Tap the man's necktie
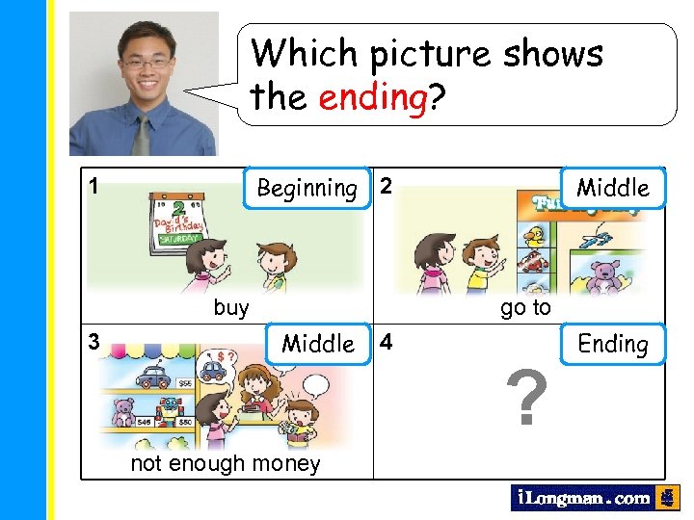point(142,135)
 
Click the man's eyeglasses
point(147,64)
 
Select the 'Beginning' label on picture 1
point(307,188)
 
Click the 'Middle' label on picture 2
point(613,187)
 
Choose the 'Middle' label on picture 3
point(318,344)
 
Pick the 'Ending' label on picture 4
point(613,344)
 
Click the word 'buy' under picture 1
point(231,308)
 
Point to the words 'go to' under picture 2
point(525,308)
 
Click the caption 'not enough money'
point(227,463)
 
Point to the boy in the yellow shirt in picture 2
point(476,260)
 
